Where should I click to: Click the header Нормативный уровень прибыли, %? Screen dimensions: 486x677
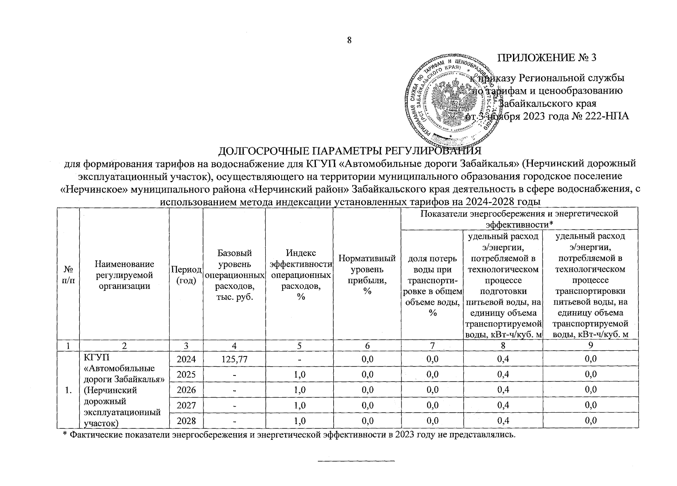point(367,275)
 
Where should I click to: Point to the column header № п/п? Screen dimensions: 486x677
point(68,275)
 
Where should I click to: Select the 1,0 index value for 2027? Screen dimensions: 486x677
point(299,405)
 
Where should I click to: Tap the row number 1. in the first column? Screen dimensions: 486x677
point(68,390)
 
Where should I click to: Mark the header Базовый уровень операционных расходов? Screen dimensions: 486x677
point(234,275)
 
